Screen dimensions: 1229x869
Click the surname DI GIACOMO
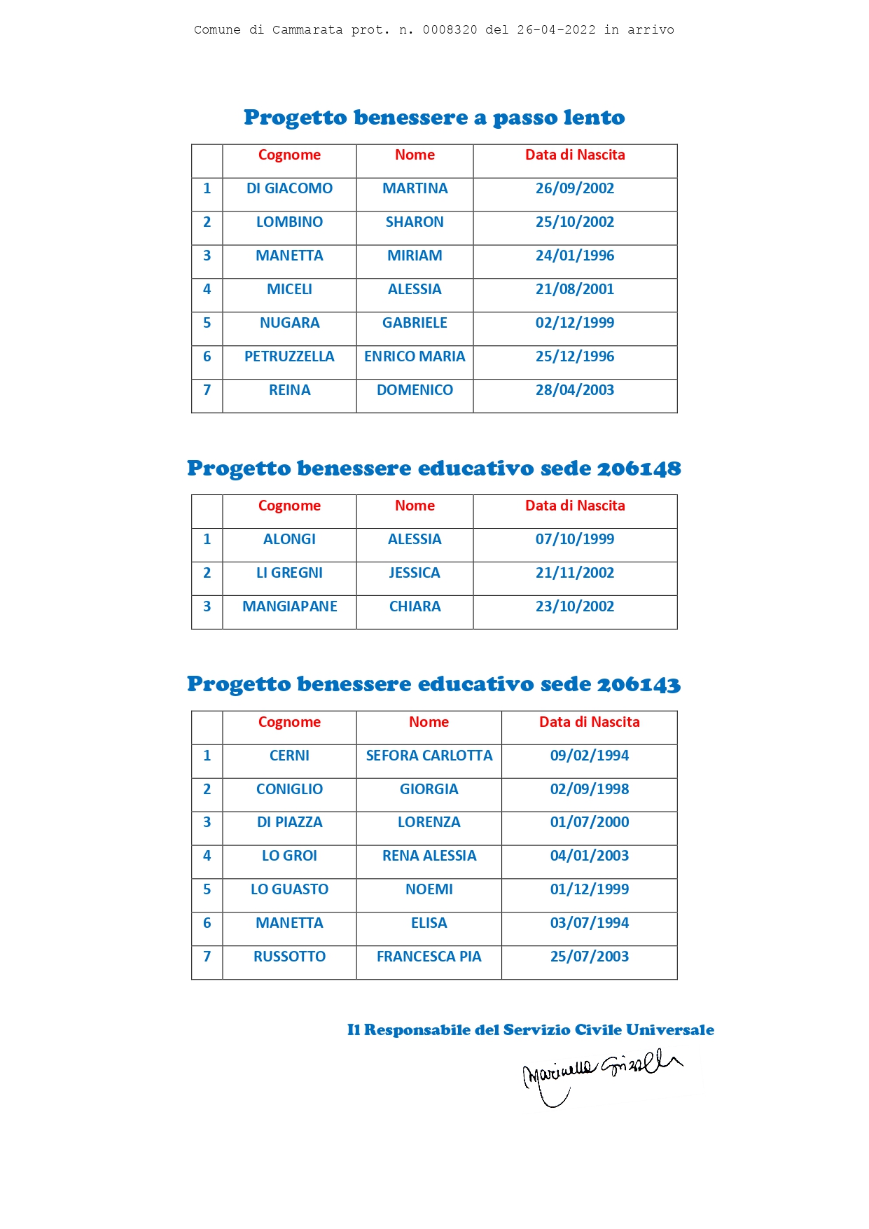pos(289,188)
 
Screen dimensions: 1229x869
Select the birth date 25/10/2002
pos(574,222)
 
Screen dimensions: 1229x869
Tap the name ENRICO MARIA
pos(415,356)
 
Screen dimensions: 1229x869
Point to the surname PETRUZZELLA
pos(289,356)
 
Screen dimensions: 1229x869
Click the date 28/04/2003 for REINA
pos(574,390)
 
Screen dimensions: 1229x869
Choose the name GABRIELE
pos(415,323)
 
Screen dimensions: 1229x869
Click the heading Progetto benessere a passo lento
pos(434,118)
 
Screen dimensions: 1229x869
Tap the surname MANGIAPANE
pos(289,606)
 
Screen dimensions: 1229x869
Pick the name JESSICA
pos(415,573)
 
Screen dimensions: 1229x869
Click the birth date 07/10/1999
pos(574,539)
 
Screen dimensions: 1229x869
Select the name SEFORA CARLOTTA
pos(429,756)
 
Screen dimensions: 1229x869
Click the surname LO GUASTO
pos(289,889)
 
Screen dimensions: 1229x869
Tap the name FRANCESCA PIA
pos(429,957)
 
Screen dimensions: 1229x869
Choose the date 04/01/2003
pos(589,856)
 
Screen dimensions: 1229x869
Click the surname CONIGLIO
pos(289,789)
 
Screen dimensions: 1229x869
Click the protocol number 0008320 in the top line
pos(450,30)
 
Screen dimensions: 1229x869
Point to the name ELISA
pos(429,923)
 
